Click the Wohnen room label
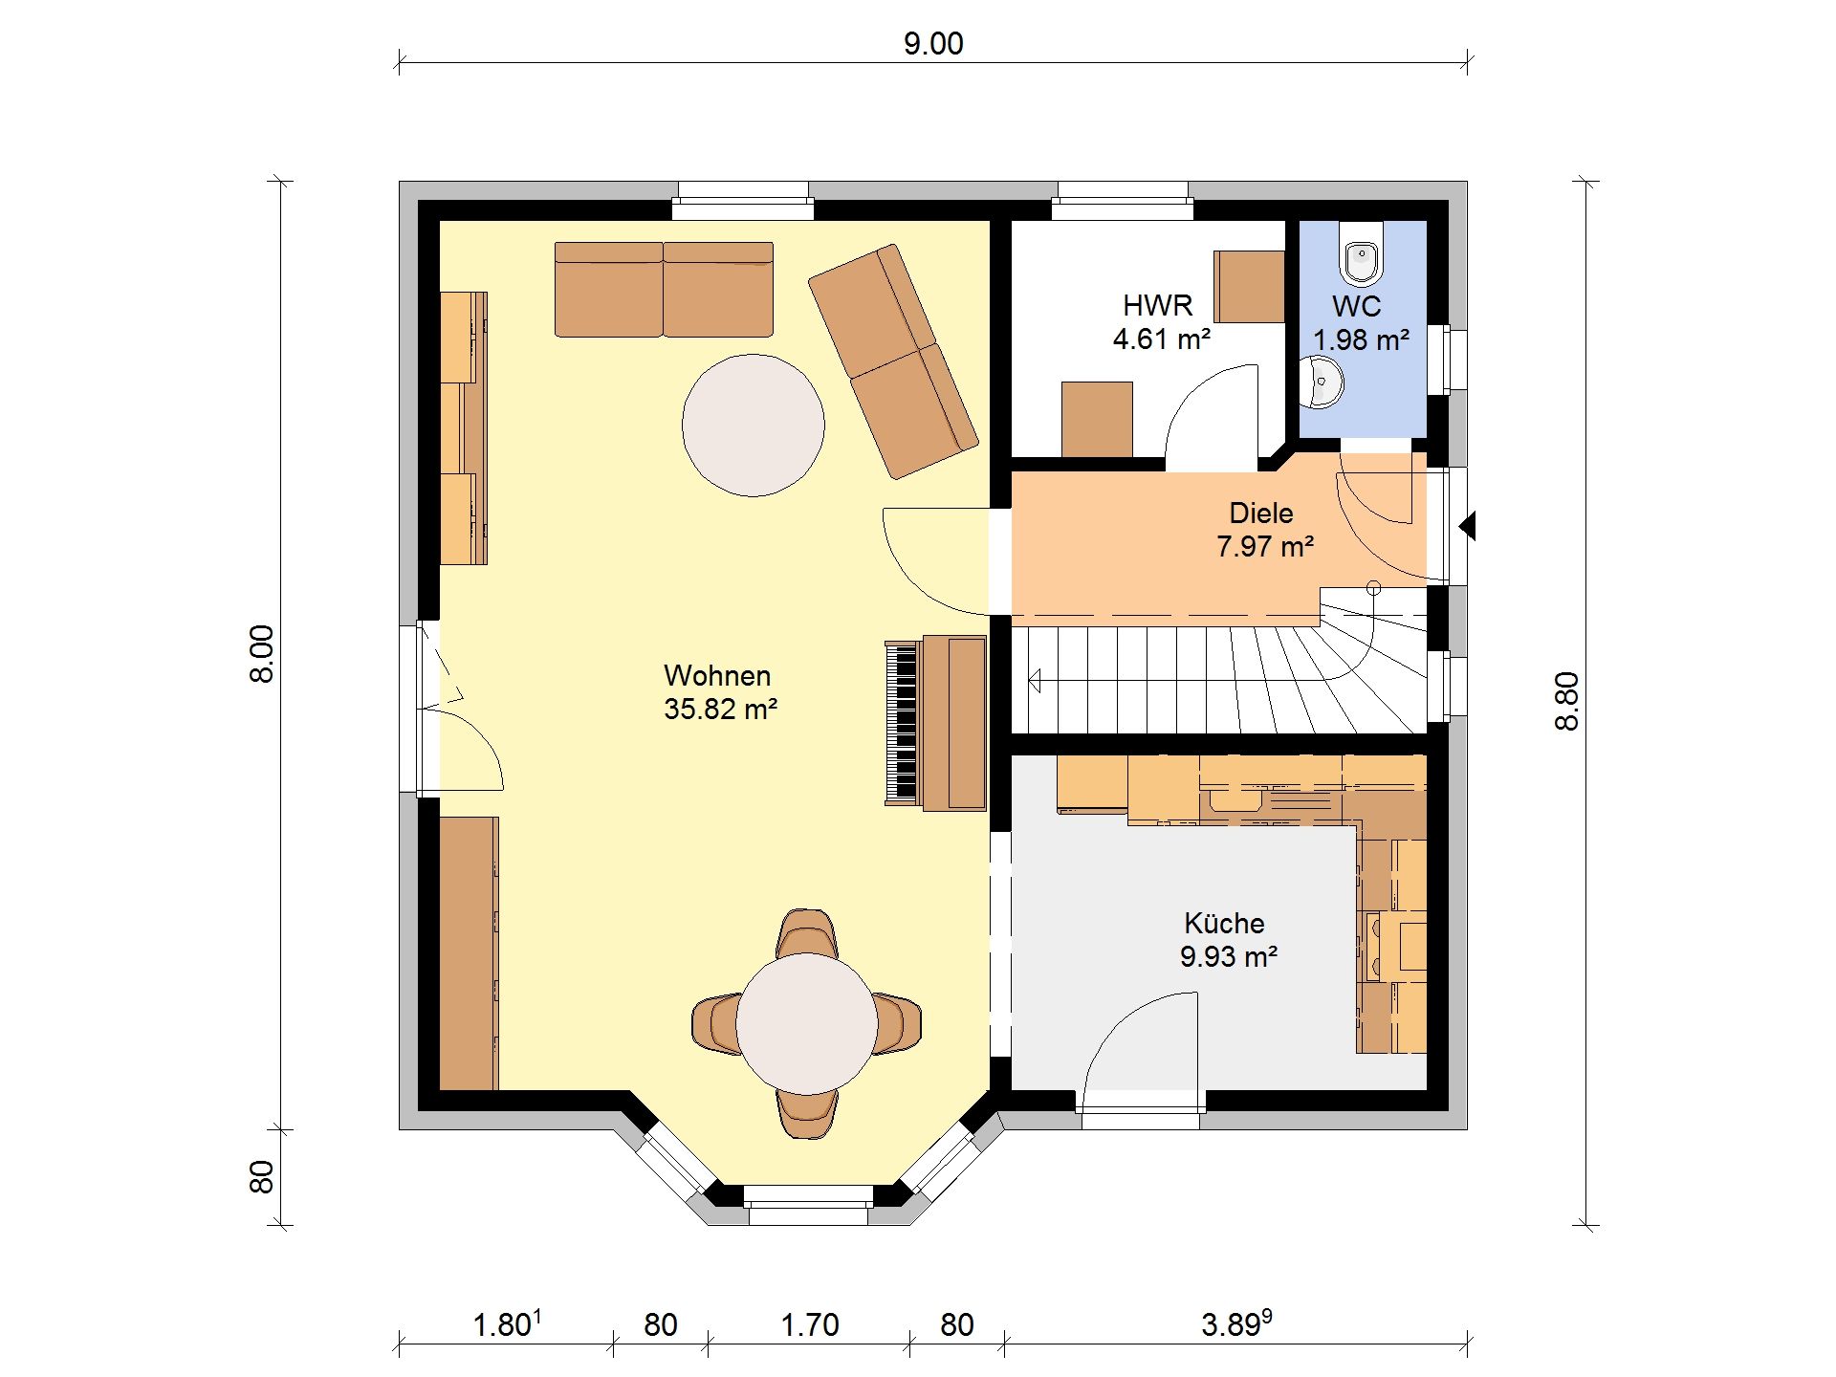tap(717, 675)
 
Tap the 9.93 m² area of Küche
tap(1229, 956)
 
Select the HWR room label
tap(1157, 306)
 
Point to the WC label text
tap(1356, 307)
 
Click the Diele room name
tap(1261, 514)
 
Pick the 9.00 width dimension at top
tap(933, 44)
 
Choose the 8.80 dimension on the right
tap(1566, 702)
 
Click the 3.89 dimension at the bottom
tap(1236, 1323)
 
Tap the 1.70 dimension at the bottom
tap(810, 1324)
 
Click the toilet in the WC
tap(1361, 253)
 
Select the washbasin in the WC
tap(1322, 382)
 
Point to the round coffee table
tap(754, 426)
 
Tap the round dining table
tap(807, 1024)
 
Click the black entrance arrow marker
tap(1467, 526)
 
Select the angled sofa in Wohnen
tap(893, 361)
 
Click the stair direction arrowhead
tap(1035, 682)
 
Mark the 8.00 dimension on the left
tap(262, 654)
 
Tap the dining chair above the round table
tap(807, 932)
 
